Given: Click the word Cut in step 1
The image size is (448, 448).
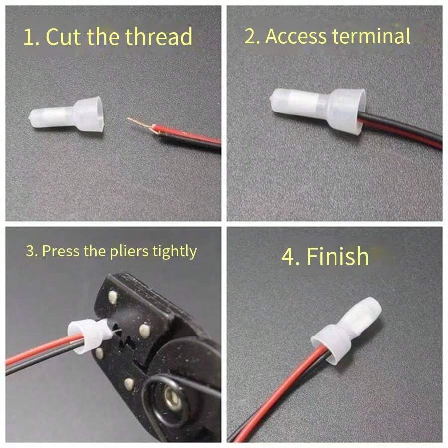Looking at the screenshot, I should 64,37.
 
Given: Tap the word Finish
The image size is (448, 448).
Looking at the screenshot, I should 337,256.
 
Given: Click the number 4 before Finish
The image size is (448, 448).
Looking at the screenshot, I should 288,257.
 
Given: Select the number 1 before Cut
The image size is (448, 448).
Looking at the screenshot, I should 29,38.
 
